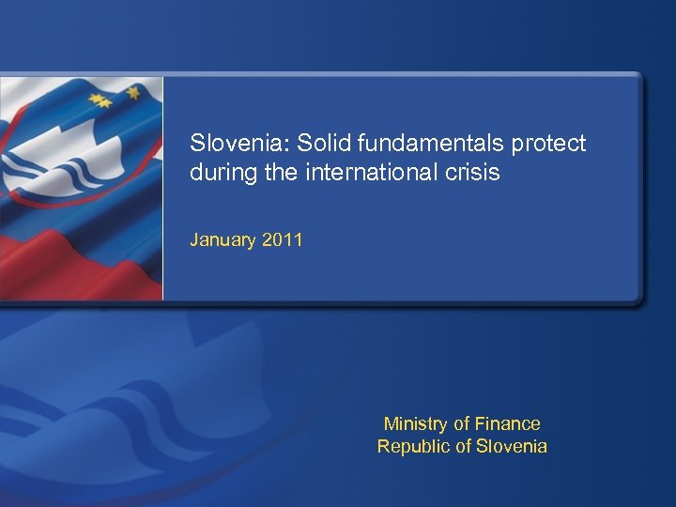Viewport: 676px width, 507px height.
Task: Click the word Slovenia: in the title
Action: (239, 144)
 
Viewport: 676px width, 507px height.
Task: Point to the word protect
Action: (549, 144)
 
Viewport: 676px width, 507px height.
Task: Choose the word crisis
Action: (474, 173)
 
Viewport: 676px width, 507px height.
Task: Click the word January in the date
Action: (223, 240)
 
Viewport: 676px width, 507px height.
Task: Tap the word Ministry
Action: (415, 424)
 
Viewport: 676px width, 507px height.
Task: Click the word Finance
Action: (507, 423)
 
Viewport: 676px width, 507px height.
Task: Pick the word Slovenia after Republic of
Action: (511, 446)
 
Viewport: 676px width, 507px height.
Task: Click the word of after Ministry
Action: (461, 423)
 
